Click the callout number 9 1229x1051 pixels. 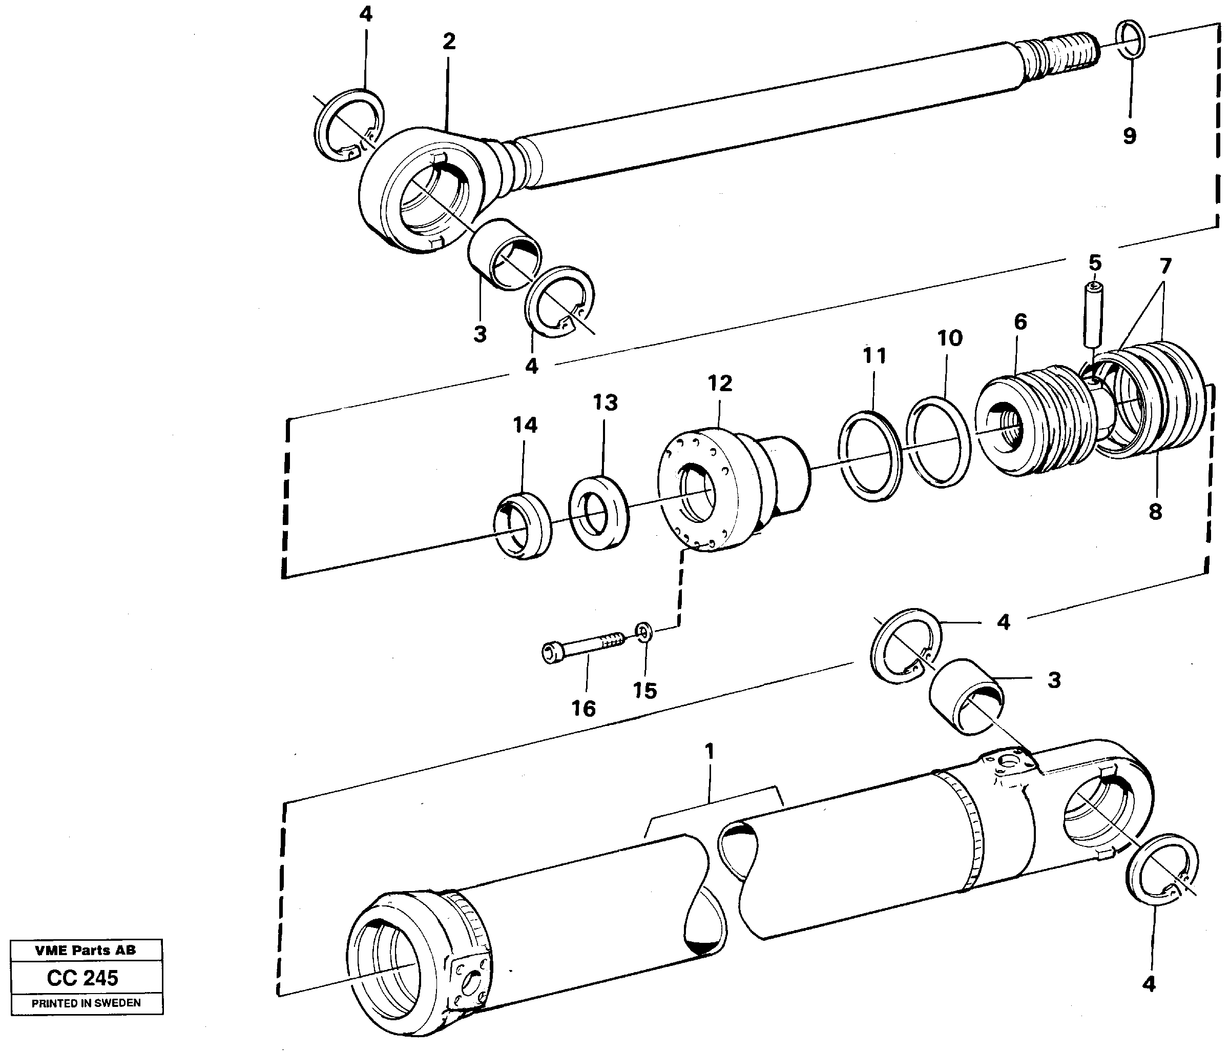click(1129, 136)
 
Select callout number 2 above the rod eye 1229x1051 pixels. click(449, 42)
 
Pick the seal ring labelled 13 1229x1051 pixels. click(599, 512)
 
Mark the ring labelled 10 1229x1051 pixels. click(938, 442)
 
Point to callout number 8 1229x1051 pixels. click(1155, 512)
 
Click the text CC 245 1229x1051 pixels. click(83, 977)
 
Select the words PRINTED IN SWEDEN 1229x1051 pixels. click(87, 1003)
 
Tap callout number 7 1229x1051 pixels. click(1165, 267)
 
